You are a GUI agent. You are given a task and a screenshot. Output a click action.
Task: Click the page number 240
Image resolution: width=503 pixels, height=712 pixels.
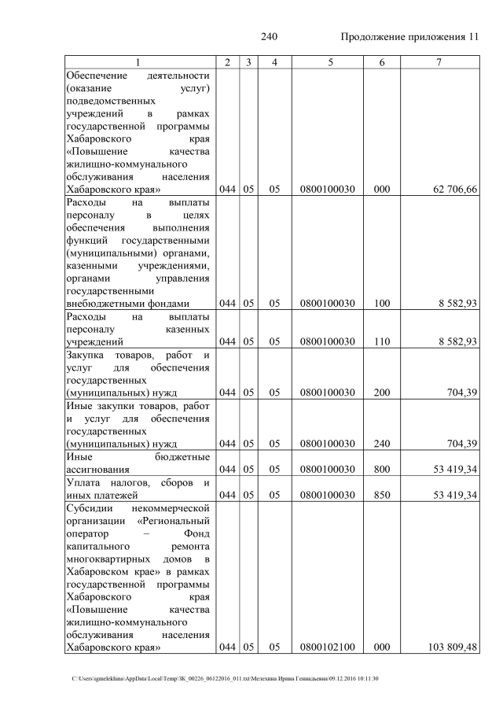click(270, 37)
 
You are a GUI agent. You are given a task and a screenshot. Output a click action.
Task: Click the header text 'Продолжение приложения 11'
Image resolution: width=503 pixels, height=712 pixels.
click(409, 37)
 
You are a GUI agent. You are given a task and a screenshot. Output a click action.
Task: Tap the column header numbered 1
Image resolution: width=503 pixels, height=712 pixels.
click(138, 62)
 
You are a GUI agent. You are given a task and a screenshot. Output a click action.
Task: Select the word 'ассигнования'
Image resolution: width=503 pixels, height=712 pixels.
click(98, 470)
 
